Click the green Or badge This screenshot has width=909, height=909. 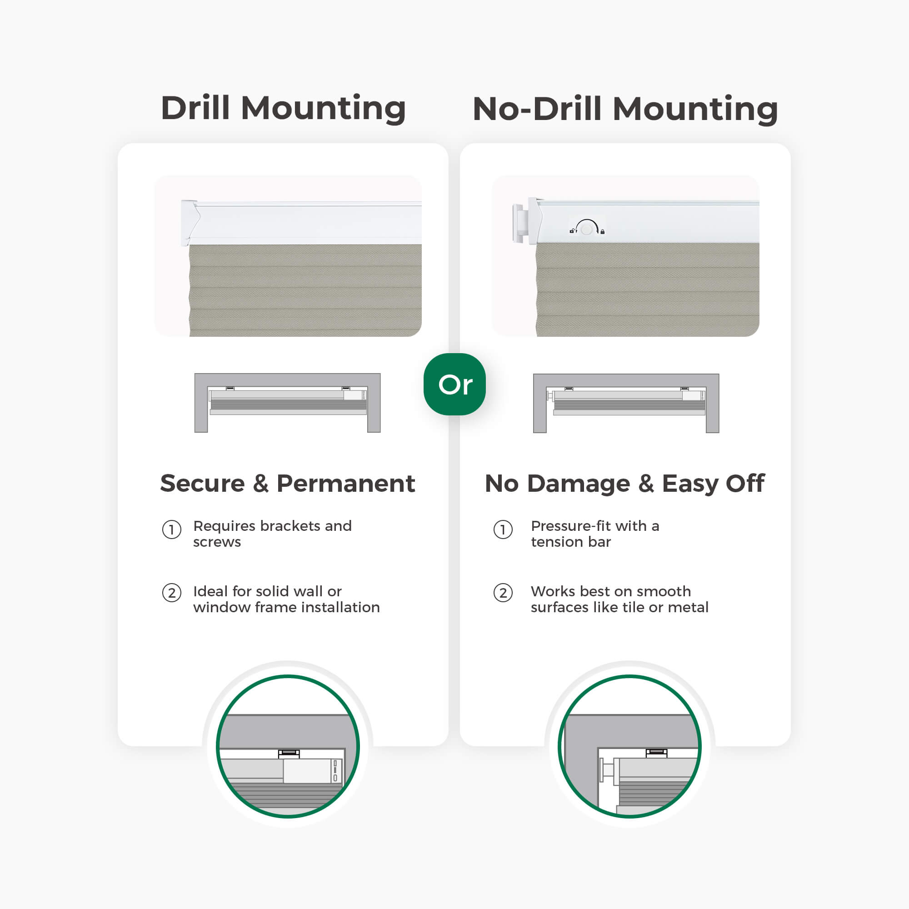pyautogui.click(x=454, y=384)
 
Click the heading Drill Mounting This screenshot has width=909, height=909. pyautogui.click(x=283, y=109)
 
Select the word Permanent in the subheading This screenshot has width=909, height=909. pyautogui.click(x=346, y=483)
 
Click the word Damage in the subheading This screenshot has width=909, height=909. pyautogui.click(x=578, y=484)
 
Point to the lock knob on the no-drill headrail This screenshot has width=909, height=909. pyautogui.click(x=587, y=229)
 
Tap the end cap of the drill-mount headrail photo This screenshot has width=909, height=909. pyautogui.click(x=190, y=223)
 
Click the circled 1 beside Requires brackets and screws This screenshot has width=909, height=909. pyautogui.click(x=172, y=530)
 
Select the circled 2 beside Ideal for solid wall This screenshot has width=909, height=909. pyautogui.click(x=172, y=593)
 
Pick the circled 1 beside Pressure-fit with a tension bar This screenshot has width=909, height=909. pyautogui.click(x=503, y=530)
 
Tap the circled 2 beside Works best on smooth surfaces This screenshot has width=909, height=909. pyautogui.click(x=503, y=593)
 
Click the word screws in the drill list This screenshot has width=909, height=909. pyautogui.click(x=217, y=542)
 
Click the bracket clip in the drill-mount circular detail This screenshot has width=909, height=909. pyautogui.click(x=289, y=754)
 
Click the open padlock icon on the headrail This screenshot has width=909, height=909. pyautogui.click(x=572, y=231)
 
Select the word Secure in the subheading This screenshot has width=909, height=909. pyautogui.click(x=203, y=483)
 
